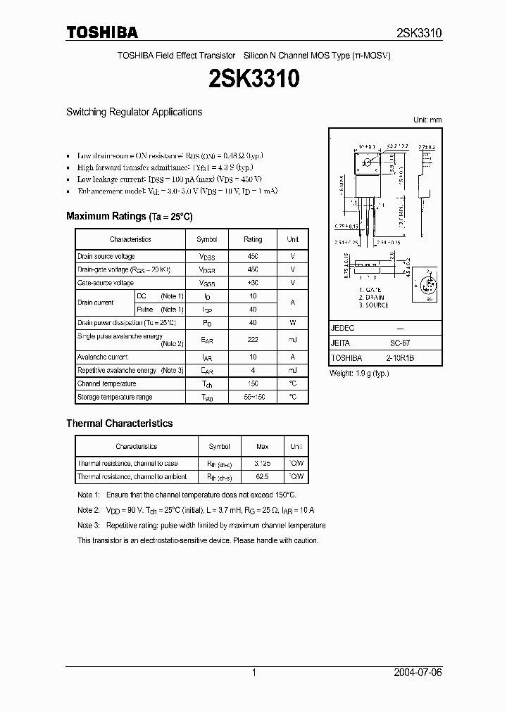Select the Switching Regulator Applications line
coord(134,112)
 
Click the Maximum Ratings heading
coord(129,216)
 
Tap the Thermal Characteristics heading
coord(119,424)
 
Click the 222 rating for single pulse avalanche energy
coord(253,340)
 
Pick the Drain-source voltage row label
coord(106,257)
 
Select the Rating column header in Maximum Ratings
coord(253,239)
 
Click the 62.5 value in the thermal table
coord(262,477)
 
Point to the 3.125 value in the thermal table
coord(262,464)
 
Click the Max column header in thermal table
coord(262,447)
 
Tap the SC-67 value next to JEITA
coord(400,343)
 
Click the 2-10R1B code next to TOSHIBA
coord(400,357)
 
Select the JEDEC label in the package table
coord(342,329)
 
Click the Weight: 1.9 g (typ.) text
coord(359,373)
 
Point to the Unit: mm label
coord(427,120)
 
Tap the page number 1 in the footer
coord(254,673)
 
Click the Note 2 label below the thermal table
coord(89,510)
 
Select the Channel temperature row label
coord(107,384)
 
